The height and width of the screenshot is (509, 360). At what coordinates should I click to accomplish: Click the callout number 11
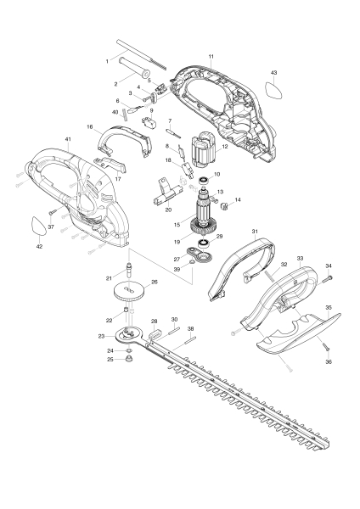pos(210,56)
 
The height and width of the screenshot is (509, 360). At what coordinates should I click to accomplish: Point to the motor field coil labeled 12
pos(206,159)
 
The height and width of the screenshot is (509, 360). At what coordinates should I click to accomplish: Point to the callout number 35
pos(329,307)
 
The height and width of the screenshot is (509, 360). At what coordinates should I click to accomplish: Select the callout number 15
pos(176,224)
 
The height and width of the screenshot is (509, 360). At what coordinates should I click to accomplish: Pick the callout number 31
pos(253,232)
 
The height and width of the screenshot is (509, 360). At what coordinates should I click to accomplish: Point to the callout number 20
pos(168,210)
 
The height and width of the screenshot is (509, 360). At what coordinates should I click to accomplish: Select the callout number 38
pos(191,328)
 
